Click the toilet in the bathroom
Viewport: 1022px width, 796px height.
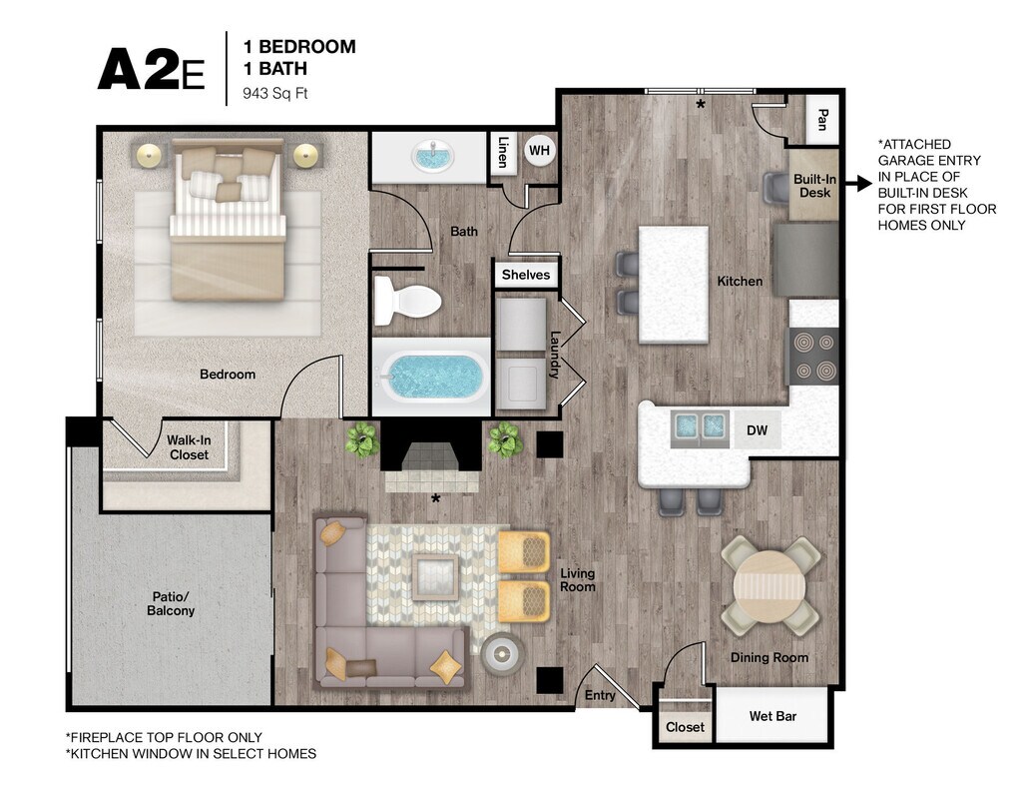coord(407,301)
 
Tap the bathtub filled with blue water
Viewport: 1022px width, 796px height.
coord(431,377)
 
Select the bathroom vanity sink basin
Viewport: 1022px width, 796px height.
coord(430,157)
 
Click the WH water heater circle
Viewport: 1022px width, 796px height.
coord(539,151)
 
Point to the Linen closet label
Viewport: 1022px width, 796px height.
coord(503,152)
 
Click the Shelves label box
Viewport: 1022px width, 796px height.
coord(526,275)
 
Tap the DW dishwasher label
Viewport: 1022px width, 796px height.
coord(757,430)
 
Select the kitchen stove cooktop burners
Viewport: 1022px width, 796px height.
coord(814,356)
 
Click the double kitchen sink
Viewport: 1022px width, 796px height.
coord(700,428)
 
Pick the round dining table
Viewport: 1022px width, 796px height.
coord(769,585)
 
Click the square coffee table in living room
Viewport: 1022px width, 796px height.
coord(436,576)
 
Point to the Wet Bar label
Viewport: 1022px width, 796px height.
coord(773,716)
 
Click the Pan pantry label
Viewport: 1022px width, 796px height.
coord(822,120)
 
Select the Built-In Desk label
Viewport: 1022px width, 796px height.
coord(814,186)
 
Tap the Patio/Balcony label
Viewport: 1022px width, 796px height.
coord(171,603)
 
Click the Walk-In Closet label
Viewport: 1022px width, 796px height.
coord(189,447)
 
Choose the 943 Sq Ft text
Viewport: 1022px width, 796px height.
coord(275,93)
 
